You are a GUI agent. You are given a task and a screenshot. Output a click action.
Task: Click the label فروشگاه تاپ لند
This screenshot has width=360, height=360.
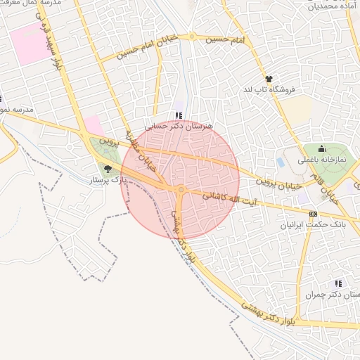[271, 89]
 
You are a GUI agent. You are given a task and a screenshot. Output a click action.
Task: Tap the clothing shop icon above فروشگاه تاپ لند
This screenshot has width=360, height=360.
[268, 79]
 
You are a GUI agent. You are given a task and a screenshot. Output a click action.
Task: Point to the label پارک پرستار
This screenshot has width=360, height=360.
[107, 181]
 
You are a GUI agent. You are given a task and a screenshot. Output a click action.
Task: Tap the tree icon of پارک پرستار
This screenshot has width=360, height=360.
[108, 169]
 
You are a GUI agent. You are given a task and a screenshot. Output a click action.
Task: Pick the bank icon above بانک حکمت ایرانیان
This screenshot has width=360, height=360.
[314, 214]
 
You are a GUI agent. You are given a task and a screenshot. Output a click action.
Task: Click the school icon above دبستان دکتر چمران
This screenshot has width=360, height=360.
[339, 283]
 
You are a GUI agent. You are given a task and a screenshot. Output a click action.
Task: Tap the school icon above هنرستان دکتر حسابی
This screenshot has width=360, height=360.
[177, 115]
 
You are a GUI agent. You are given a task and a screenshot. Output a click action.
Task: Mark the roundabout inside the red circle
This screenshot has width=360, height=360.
[181, 190]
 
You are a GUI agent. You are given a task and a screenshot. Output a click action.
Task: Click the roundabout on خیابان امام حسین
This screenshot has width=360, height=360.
[191, 37]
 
